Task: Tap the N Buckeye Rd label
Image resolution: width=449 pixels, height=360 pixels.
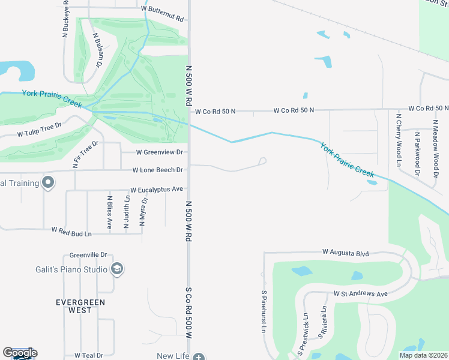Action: pos(66,20)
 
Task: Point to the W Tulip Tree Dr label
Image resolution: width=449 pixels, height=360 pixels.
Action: pos(40,129)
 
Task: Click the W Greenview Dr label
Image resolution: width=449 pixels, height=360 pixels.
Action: pos(159,152)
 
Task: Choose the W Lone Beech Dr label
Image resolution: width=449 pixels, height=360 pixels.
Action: pos(157,170)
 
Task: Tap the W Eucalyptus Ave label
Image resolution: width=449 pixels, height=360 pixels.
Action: pos(156,189)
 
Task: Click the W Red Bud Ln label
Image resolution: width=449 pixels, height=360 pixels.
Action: pos(71,230)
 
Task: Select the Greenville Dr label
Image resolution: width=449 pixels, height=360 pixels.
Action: pos(88,254)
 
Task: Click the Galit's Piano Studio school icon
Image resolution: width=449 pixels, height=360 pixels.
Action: pos(118,269)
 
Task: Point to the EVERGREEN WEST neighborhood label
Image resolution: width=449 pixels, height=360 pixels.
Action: pos(80,306)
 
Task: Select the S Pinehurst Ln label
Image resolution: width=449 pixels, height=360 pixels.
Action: pos(263,311)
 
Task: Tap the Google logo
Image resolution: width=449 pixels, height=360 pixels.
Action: pos(20,353)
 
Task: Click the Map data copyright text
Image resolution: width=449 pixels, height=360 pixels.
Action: pos(423,355)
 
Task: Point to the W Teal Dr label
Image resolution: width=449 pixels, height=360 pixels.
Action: pos(88,355)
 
